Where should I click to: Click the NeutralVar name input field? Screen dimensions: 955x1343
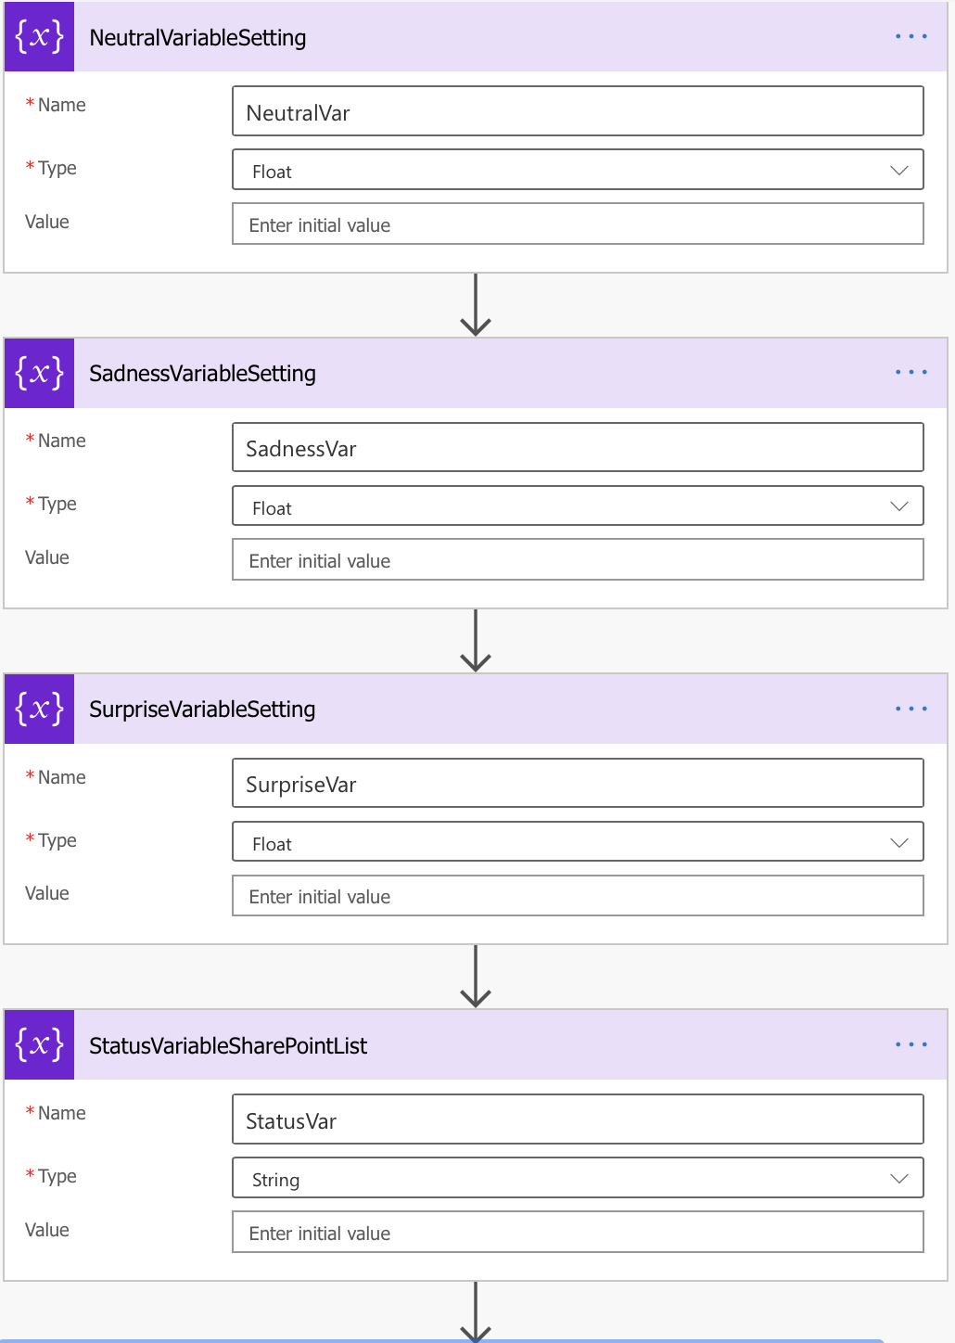point(578,111)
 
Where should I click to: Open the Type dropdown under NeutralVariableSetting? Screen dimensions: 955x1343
point(578,170)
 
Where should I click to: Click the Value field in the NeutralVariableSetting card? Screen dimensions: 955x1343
point(578,224)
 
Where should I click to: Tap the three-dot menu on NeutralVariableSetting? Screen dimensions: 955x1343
point(910,36)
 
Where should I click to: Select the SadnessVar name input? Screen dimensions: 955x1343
point(578,447)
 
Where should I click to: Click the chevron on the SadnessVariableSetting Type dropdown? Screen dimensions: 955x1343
point(898,506)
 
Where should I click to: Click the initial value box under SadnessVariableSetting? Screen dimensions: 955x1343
point(578,559)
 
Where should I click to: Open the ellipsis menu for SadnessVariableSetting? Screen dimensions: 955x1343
point(910,372)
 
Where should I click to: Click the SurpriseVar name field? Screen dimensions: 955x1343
point(578,783)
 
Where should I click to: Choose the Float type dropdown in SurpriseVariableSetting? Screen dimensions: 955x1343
point(578,842)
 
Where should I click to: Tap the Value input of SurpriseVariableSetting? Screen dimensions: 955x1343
point(578,896)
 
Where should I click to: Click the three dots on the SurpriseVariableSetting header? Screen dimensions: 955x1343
point(910,709)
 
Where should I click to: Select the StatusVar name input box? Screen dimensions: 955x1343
point(578,1119)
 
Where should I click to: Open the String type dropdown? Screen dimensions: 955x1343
point(578,1178)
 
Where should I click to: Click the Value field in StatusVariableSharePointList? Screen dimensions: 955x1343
point(578,1232)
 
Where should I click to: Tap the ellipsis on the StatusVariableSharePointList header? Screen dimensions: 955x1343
point(910,1044)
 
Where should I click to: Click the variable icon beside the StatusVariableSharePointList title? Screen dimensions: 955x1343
point(40,1045)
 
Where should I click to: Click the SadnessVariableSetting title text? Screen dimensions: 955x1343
point(203,374)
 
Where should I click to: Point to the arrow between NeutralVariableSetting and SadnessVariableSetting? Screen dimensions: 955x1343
point(476,304)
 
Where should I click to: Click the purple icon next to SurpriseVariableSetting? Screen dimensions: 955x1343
point(40,710)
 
